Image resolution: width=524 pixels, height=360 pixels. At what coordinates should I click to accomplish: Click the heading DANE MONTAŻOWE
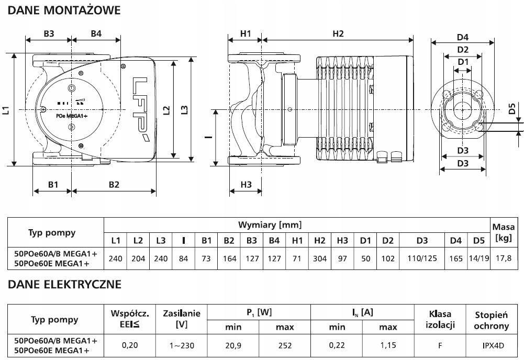(64, 10)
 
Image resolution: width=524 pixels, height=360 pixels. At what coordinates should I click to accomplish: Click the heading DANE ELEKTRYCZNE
(64, 284)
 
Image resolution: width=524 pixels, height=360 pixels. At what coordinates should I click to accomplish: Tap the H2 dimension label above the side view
(338, 33)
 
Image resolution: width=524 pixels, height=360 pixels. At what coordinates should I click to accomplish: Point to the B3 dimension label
(49, 33)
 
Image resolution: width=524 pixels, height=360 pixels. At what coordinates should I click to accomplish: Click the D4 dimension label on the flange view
(463, 37)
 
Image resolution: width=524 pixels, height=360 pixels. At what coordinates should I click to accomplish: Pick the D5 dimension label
(512, 108)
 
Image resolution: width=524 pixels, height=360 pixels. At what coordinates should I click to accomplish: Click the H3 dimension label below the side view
(246, 184)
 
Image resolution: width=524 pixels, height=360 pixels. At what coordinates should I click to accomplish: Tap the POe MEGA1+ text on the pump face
(72, 116)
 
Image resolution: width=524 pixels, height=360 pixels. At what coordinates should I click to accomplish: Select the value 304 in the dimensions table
(319, 258)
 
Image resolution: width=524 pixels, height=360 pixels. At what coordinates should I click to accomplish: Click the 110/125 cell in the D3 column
(422, 258)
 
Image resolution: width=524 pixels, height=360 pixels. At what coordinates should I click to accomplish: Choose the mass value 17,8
(504, 258)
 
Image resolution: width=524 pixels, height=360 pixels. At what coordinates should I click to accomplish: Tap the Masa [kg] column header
(503, 233)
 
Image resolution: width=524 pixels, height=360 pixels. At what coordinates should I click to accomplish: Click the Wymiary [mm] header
(270, 225)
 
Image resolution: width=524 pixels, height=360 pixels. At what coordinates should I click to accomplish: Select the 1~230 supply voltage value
(182, 345)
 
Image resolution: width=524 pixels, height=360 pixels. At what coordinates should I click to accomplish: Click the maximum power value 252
(285, 345)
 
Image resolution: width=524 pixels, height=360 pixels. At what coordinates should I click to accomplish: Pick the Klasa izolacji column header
(440, 319)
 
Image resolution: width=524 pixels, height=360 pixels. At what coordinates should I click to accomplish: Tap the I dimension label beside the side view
(208, 137)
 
